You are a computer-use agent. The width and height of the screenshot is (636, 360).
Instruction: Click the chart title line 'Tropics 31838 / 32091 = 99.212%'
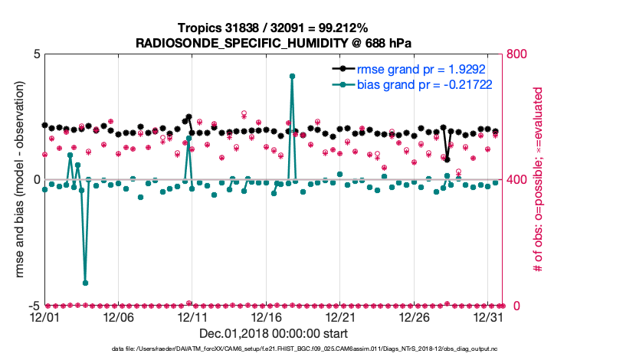click(x=273, y=28)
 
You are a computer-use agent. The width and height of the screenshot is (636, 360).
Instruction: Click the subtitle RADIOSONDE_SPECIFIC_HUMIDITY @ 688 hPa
click(x=273, y=43)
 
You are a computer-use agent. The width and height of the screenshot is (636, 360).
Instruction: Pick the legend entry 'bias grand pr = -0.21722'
click(x=424, y=84)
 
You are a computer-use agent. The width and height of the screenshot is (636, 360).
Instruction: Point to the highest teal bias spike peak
click(x=292, y=77)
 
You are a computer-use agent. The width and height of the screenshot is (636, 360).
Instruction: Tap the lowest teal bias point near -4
click(x=85, y=283)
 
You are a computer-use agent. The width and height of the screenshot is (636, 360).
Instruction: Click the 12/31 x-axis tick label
click(x=488, y=318)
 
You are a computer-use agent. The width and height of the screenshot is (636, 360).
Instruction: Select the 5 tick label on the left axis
click(x=37, y=55)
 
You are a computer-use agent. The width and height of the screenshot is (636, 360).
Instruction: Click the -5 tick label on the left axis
click(x=34, y=306)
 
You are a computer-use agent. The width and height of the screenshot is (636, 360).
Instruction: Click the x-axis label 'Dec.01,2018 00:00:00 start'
click(x=273, y=334)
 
